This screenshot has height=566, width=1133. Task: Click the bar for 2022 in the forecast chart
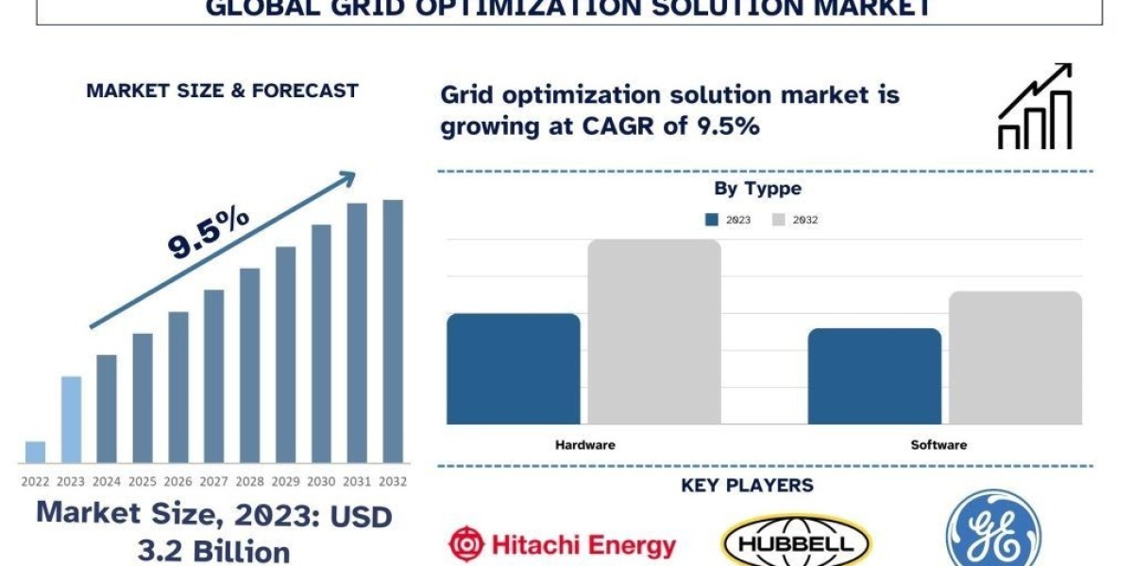35,452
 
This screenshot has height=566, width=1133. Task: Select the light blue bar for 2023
71,420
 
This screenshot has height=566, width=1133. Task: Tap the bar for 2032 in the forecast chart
393,331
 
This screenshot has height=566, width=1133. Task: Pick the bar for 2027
214,376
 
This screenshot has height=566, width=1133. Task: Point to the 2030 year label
321,481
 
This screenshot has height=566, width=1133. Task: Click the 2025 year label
143,481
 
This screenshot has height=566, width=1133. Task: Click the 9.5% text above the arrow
208,232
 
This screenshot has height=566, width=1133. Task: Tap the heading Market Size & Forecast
222,91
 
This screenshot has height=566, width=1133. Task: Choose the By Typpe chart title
757,189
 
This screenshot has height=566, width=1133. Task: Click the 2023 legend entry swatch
713,220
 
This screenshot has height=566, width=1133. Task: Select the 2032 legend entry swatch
779,220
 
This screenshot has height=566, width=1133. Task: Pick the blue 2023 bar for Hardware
513,369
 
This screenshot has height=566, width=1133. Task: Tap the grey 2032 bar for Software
1015,358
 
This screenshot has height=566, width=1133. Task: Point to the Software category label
939,444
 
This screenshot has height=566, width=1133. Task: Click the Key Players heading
747,486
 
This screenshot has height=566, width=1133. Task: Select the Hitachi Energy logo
562,545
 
